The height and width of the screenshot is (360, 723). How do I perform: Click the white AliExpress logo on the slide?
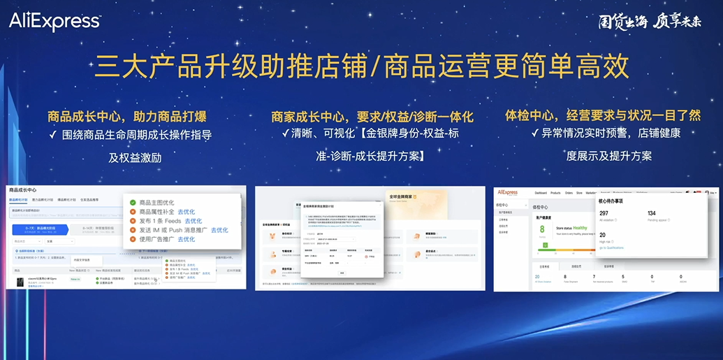[54, 22]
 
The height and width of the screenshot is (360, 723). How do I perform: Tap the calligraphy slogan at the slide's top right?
[650, 22]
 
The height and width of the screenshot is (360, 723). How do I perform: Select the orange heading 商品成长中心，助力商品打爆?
[127, 116]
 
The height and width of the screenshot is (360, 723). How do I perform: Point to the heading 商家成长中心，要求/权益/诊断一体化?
[372, 116]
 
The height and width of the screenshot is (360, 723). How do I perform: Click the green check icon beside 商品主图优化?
[133, 203]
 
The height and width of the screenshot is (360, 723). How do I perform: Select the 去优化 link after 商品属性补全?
[186, 212]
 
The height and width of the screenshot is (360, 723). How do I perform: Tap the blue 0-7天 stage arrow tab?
[41, 229]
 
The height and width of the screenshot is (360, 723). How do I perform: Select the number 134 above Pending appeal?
[652, 213]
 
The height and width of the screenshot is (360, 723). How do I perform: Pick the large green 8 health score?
[542, 229]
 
